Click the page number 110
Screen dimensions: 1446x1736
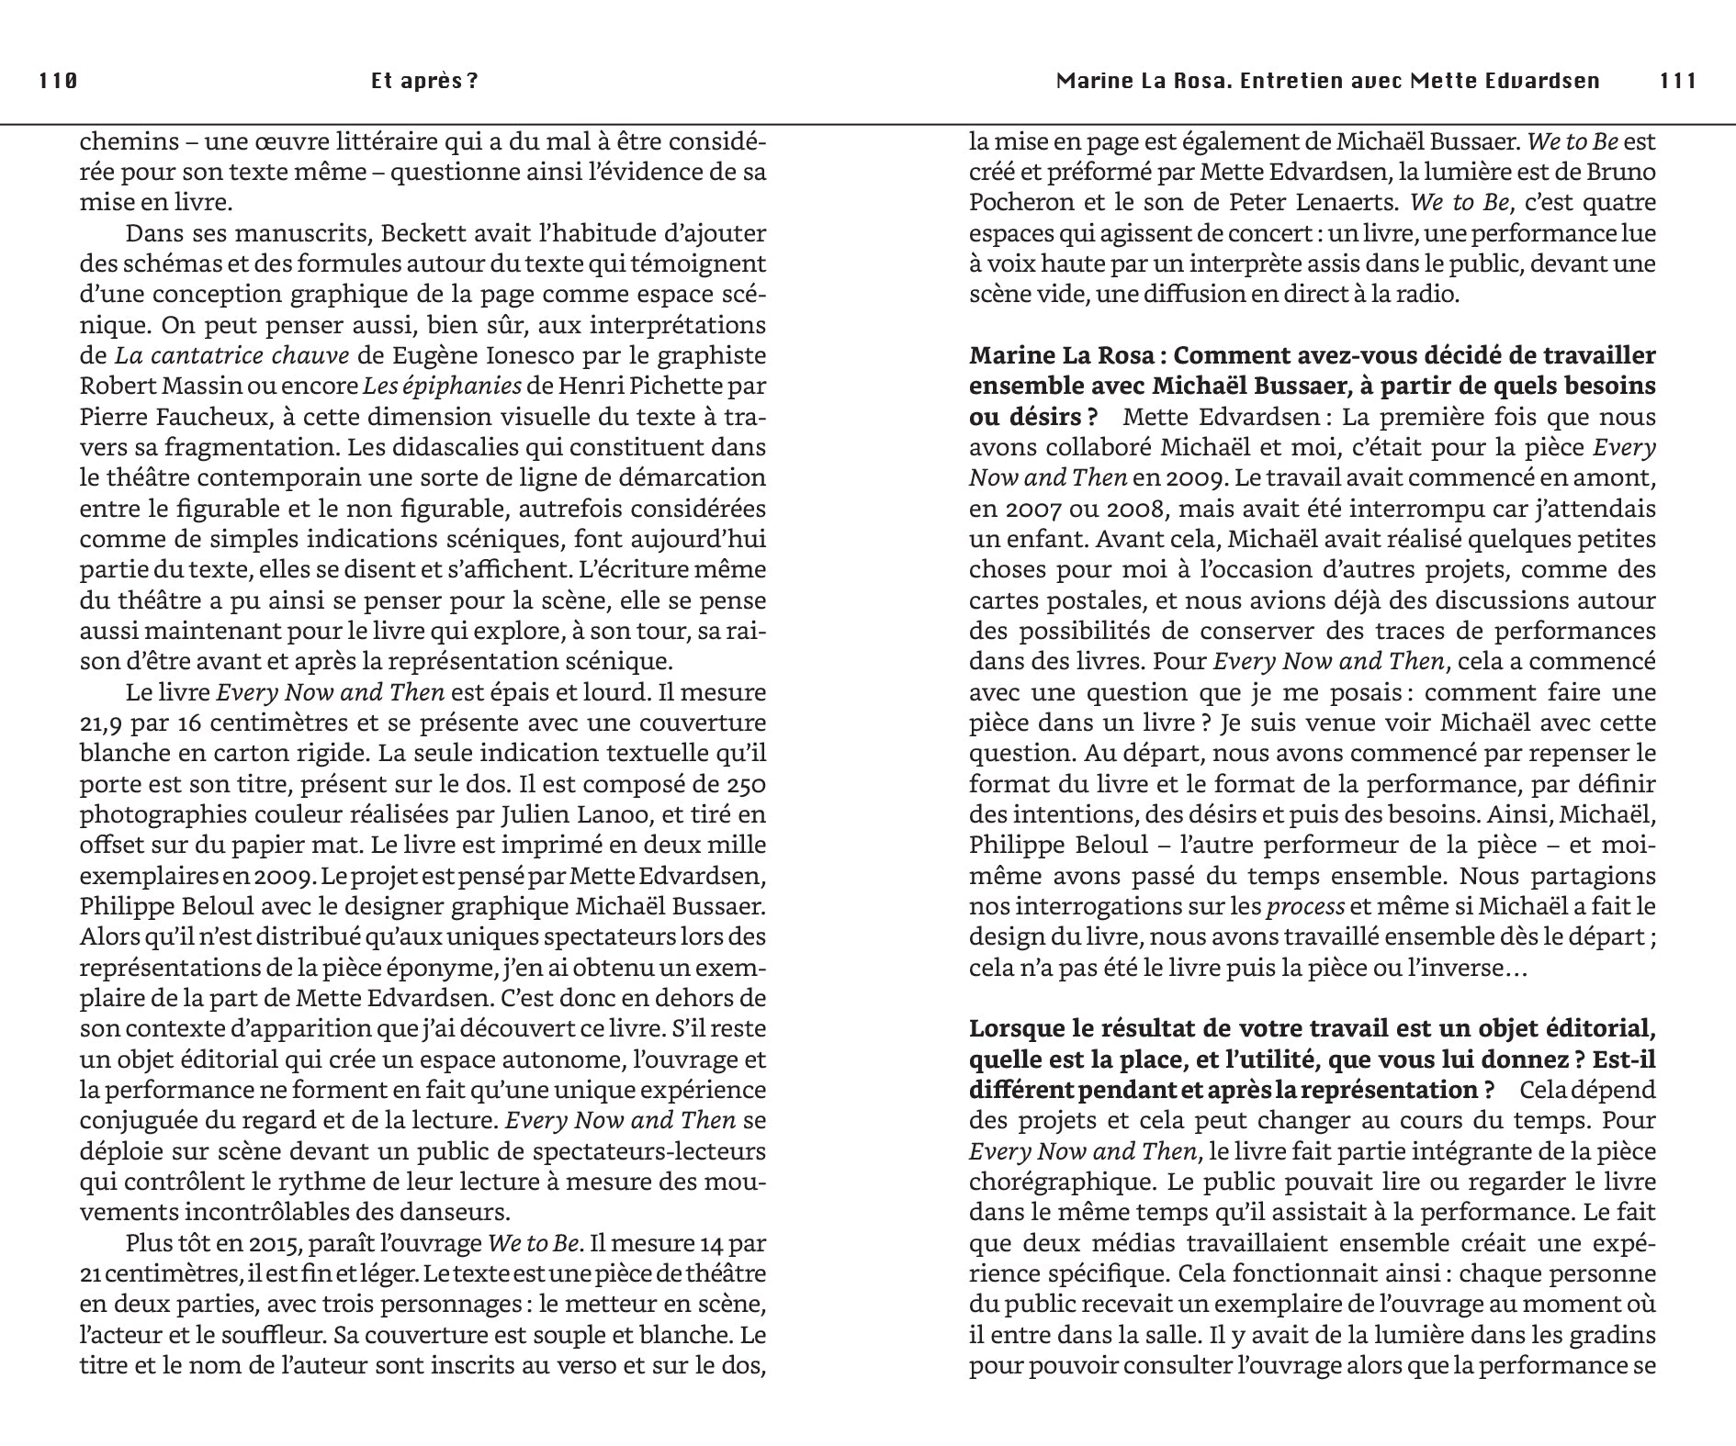[x=58, y=81]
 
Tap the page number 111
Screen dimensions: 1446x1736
[x=1678, y=81]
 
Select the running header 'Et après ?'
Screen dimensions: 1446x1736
[x=424, y=81]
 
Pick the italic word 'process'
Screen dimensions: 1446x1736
[x=1305, y=907]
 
